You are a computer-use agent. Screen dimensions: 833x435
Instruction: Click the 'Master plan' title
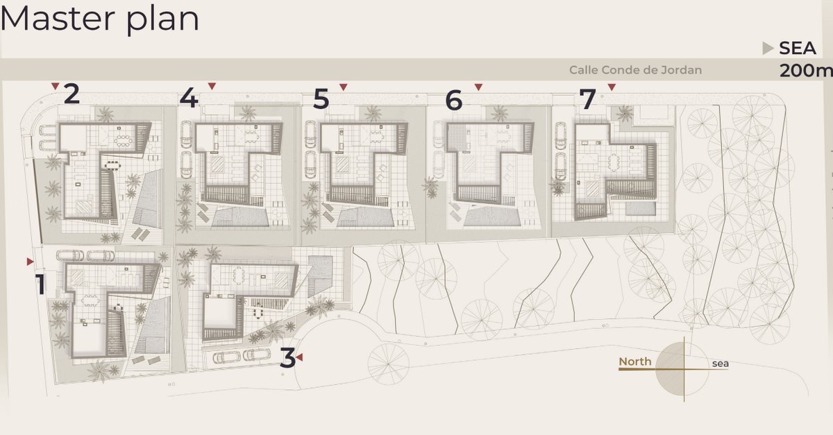click(100, 19)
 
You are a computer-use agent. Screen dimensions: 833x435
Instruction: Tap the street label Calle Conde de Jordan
click(636, 70)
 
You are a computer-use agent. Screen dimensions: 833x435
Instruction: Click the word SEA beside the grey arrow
click(798, 49)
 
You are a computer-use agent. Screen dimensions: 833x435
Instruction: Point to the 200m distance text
click(806, 71)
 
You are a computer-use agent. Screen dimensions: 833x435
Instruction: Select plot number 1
click(40, 284)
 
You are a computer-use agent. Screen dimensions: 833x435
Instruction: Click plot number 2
click(71, 94)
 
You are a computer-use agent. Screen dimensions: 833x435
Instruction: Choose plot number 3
click(287, 358)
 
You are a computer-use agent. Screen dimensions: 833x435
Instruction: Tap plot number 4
click(189, 99)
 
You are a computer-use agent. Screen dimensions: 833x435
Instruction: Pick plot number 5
click(321, 99)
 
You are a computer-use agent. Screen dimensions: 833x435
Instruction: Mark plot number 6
click(454, 101)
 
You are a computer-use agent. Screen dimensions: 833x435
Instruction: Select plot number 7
click(587, 99)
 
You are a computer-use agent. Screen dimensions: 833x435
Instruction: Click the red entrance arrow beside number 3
click(299, 357)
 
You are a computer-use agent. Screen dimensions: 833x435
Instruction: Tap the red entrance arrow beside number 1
click(30, 262)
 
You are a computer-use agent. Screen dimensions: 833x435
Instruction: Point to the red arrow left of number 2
click(56, 86)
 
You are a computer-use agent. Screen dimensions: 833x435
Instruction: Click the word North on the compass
click(634, 361)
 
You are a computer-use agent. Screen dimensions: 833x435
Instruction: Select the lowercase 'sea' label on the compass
click(721, 364)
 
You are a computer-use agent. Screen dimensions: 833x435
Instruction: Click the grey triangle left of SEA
click(768, 49)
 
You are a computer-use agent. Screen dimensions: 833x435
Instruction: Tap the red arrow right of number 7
click(612, 87)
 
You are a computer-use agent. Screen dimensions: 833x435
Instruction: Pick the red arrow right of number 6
click(478, 87)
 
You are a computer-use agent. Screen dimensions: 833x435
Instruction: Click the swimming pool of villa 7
click(640, 209)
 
